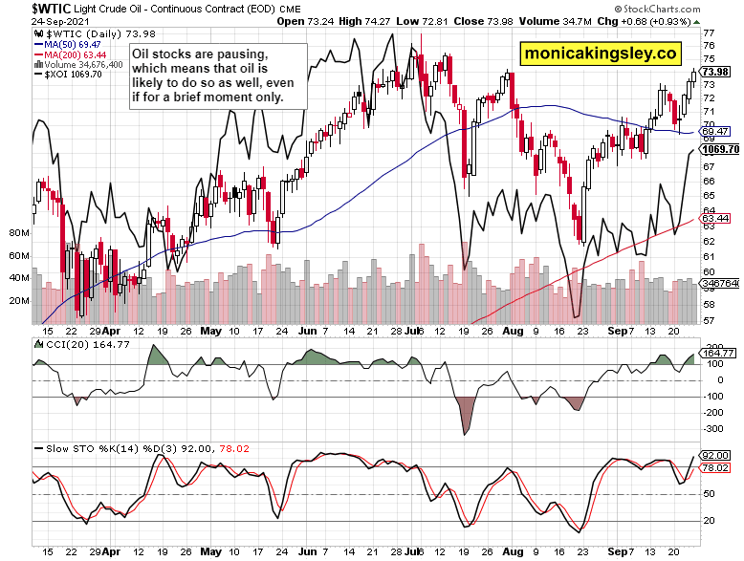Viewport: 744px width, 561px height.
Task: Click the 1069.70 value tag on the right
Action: click(720, 149)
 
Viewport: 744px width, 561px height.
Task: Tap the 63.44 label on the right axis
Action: click(716, 219)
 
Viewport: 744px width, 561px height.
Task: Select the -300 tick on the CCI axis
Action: click(712, 429)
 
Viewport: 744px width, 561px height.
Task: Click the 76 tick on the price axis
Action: click(709, 32)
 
